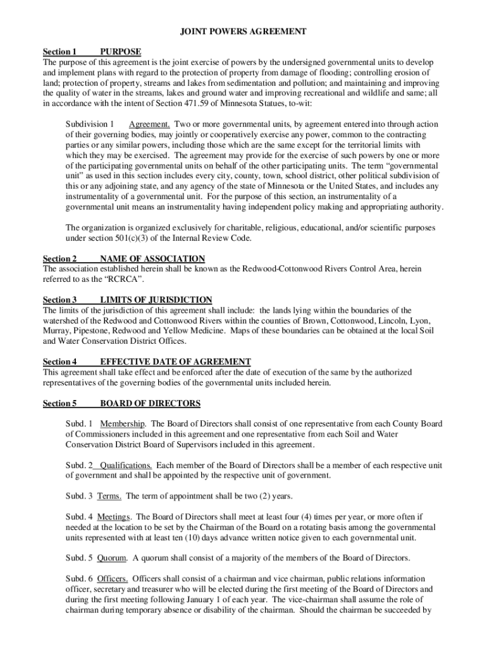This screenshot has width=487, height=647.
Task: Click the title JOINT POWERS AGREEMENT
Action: (x=244, y=31)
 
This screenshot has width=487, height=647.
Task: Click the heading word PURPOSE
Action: (x=121, y=52)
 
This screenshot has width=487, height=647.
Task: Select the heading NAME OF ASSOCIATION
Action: (x=152, y=258)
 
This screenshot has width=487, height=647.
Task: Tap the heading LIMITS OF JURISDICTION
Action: (x=156, y=299)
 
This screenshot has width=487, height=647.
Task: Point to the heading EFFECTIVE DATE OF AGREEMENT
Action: (x=175, y=361)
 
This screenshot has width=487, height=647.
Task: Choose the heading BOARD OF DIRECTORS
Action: (x=150, y=403)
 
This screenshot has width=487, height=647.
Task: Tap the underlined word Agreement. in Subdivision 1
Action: (x=149, y=124)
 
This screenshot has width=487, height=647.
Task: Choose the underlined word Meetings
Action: (x=114, y=517)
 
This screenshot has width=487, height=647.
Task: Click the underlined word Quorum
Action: (x=112, y=558)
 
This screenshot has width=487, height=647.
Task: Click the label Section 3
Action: (x=59, y=299)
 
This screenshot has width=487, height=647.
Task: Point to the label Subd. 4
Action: (x=79, y=517)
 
